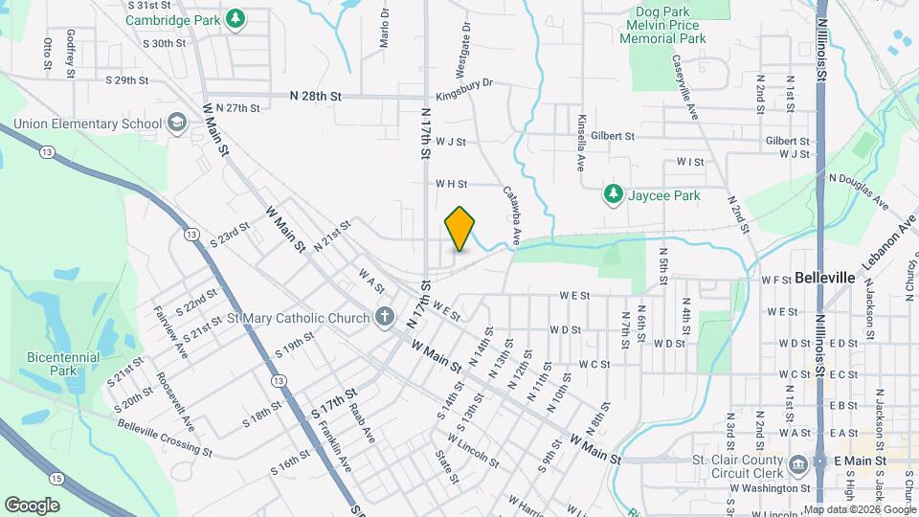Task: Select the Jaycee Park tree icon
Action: tap(613, 195)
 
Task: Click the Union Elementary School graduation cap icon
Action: tap(176, 123)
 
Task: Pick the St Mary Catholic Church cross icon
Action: tap(384, 317)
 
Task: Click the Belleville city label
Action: tap(824, 278)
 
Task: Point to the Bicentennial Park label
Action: tap(63, 364)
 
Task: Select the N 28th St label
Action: tap(315, 97)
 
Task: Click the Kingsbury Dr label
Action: tap(463, 83)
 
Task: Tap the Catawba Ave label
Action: tap(512, 216)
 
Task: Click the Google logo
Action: tap(32, 505)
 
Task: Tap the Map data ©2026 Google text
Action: tap(860, 509)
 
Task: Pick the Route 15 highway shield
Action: tap(57, 478)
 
